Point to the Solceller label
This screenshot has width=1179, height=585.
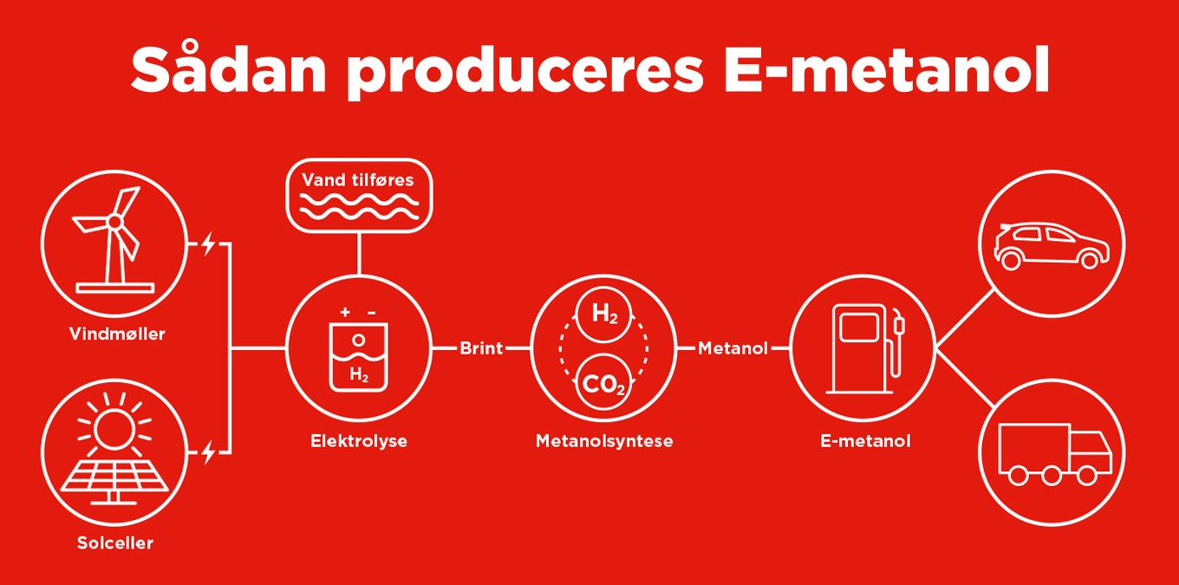(x=114, y=543)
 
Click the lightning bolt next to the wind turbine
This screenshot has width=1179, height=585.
(x=207, y=244)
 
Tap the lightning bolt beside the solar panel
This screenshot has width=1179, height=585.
(x=207, y=452)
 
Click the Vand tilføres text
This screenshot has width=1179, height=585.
(x=358, y=181)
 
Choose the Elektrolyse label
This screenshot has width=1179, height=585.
(x=359, y=441)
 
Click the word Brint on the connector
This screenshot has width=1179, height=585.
(x=481, y=348)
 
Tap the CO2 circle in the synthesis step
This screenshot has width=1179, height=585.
(x=603, y=381)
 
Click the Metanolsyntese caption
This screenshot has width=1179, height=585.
(x=604, y=441)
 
